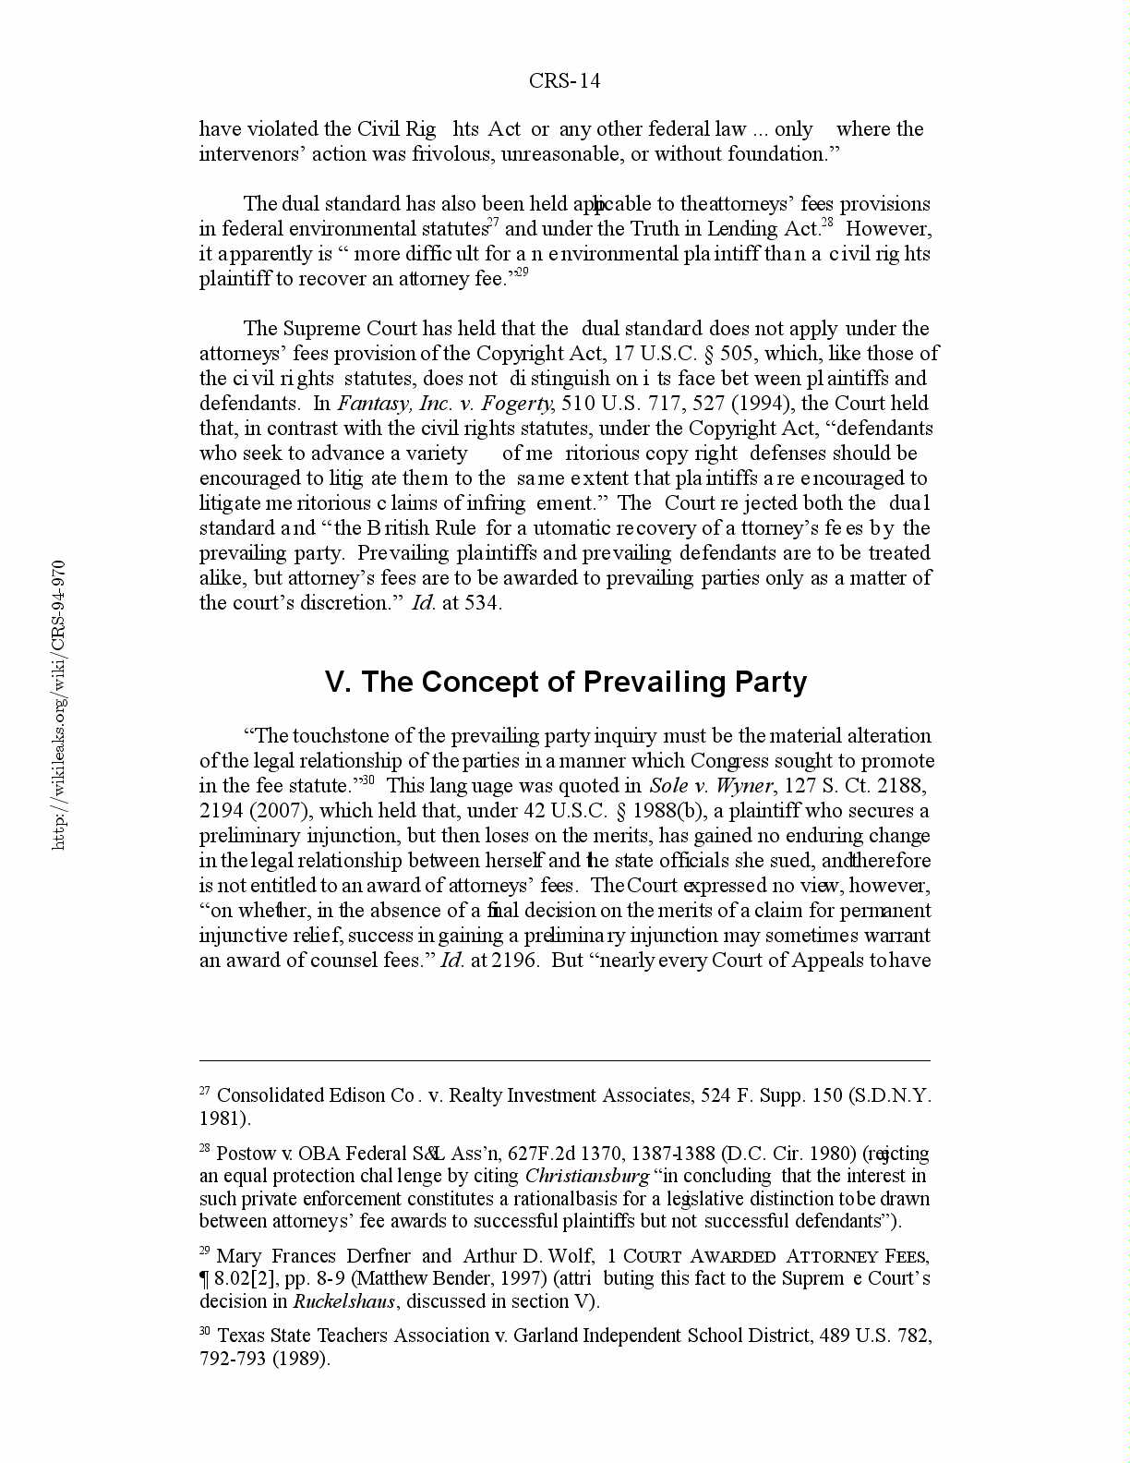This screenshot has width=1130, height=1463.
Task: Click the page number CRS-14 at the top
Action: (564, 81)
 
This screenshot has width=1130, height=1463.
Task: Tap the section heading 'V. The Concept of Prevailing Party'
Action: (566, 682)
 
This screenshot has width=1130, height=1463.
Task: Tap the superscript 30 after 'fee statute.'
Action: (367, 780)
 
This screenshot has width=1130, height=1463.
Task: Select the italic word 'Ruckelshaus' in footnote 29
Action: (344, 1301)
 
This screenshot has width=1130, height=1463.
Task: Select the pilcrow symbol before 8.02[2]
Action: (204, 1279)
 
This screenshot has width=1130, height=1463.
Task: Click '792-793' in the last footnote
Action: (232, 1359)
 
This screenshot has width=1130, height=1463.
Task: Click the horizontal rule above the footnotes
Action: (564, 1061)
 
